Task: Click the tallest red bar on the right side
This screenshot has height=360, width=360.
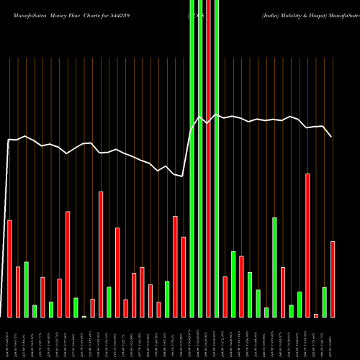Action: tap(307, 245)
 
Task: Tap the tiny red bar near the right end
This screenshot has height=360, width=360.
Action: tap(315, 315)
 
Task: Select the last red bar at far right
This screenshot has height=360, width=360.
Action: tap(332, 279)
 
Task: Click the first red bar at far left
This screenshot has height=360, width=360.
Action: tap(9, 268)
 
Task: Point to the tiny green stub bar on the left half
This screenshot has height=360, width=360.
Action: tap(84, 316)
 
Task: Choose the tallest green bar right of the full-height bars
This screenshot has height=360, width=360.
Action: tap(274, 266)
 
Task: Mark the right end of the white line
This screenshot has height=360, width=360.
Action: tap(331, 136)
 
